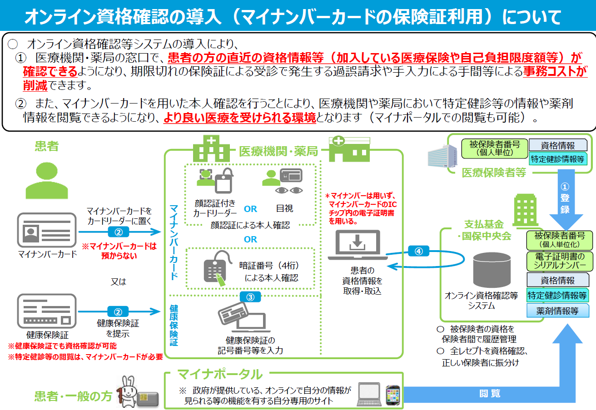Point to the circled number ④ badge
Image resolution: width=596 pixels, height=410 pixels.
tap(418, 251)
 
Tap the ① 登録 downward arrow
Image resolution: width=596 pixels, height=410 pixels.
tap(565, 200)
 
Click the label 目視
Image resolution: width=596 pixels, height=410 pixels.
tap(285, 208)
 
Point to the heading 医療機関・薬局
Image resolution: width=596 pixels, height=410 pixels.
tap(278, 151)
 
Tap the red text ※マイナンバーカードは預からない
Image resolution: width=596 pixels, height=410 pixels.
tap(119, 251)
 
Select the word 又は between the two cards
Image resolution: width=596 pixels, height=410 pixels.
tap(119, 282)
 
